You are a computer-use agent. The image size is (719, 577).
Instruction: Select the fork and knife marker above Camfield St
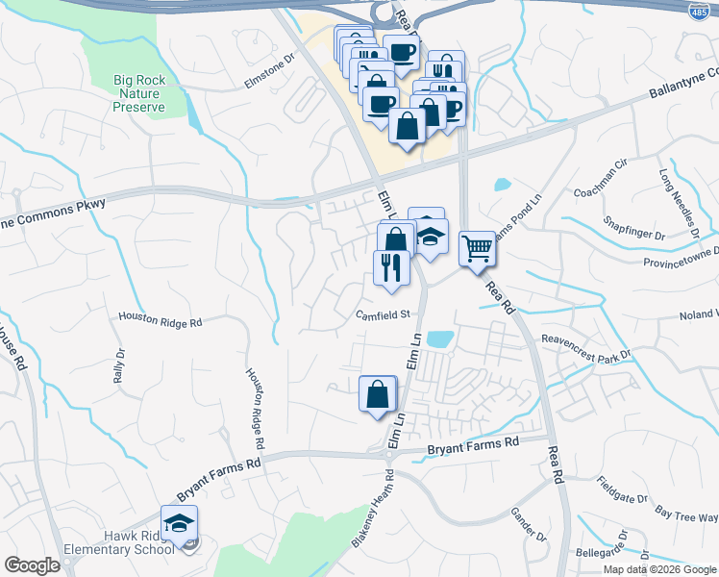pos(391,266)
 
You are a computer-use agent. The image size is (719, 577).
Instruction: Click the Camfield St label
pos(382,314)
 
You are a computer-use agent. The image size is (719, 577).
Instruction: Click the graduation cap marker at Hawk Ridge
pos(179,524)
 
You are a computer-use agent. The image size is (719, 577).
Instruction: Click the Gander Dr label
pos(529,525)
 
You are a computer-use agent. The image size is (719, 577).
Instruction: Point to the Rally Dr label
pos(120,366)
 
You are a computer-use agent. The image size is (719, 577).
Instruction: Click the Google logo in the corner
pos(32,565)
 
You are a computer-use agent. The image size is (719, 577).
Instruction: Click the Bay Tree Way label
pos(685,517)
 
